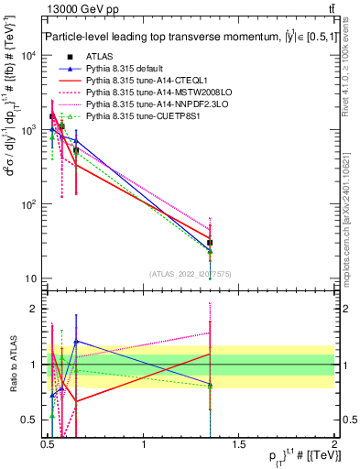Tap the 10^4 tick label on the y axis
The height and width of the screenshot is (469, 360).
point(28,56)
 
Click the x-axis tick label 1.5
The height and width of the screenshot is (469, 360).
point(239,446)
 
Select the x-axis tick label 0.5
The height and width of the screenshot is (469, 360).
point(48,446)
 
